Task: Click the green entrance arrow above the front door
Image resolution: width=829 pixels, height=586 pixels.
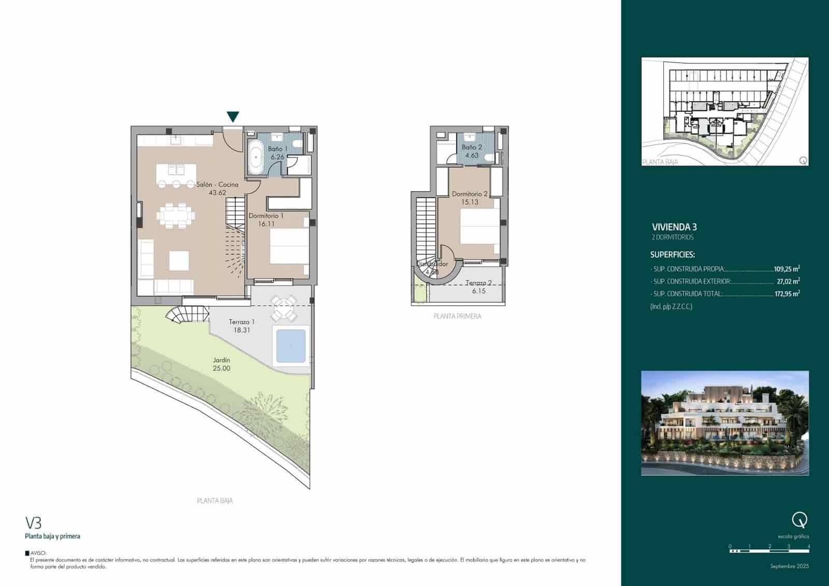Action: point(233,117)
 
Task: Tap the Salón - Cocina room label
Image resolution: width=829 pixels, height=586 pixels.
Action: point(217,184)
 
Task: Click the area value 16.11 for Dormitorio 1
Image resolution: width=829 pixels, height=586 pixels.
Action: point(266,224)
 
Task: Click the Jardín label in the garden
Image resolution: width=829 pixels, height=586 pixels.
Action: point(221,360)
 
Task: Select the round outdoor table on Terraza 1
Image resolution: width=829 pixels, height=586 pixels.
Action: point(285,308)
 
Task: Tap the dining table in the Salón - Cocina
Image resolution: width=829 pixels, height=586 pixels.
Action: point(176,214)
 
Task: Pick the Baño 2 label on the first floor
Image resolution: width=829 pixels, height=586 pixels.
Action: point(471,147)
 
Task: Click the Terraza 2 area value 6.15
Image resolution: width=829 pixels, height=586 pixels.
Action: point(478,291)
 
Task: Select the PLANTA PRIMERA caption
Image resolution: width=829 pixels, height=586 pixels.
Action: point(457,316)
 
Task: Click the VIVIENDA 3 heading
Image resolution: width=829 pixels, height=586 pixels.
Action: point(674,227)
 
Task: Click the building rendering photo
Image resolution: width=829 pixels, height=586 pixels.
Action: point(725,423)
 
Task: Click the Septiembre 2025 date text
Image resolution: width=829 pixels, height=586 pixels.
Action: point(789,566)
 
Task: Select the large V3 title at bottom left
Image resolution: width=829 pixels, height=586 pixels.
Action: point(34,522)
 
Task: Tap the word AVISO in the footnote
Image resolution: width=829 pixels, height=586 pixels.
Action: point(38,553)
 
